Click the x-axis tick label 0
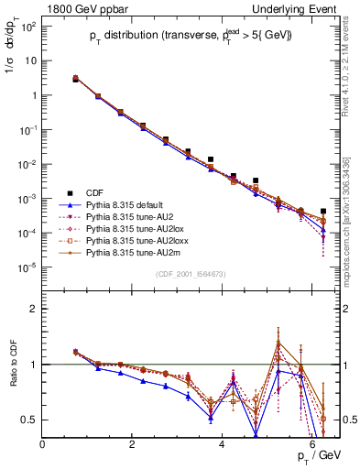click(43, 445)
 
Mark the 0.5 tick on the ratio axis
click(30, 420)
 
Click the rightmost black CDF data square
click(322, 211)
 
